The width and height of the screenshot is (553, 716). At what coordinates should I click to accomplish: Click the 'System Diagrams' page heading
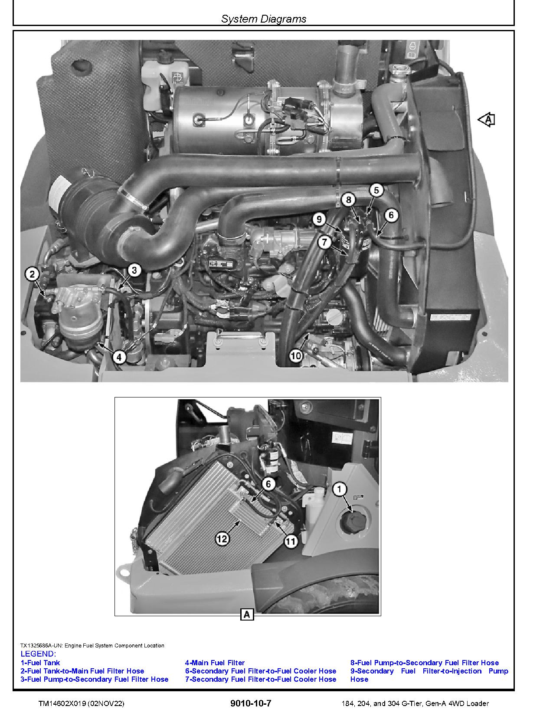pyautogui.click(x=264, y=19)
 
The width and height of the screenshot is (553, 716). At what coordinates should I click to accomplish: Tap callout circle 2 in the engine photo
pyautogui.click(x=32, y=274)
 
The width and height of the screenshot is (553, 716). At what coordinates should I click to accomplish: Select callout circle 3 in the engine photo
pyautogui.click(x=134, y=270)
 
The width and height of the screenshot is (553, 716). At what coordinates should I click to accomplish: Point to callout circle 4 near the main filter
pyautogui.click(x=119, y=357)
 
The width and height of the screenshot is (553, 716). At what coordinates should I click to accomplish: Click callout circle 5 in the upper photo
pyautogui.click(x=376, y=190)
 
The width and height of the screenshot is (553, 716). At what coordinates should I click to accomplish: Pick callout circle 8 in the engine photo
pyautogui.click(x=348, y=199)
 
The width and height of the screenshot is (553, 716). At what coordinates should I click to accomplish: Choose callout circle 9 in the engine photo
pyautogui.click(x=319, y=219)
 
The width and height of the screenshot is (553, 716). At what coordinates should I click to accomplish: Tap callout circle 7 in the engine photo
pyautogui.click(x=324, y=242)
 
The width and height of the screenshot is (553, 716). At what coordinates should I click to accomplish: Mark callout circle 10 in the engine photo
pyautogui.click(x=295, y=356)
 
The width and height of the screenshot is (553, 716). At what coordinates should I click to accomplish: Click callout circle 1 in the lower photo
pyautogui.click(x=340, y=489)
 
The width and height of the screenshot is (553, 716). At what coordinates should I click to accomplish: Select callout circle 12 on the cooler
pyautogui.click(x=222, y=539)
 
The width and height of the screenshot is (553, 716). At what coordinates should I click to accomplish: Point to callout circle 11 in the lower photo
pyautogui.click(x=291, y=541)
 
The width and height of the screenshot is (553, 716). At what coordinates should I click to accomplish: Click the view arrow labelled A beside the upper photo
pyautogui.click(x=486, y=120)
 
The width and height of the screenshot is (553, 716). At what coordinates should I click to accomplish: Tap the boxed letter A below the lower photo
pyautogui.click(x=247, y=614)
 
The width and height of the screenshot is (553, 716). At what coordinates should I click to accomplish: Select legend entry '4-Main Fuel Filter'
pyautogui.click(x=215, y=663)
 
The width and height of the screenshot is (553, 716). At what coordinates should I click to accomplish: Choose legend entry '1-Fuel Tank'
pyautogui.click(x=40, y=663)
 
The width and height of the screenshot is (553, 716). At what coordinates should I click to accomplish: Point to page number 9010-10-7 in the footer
pyautogui.click(x=251, y=703)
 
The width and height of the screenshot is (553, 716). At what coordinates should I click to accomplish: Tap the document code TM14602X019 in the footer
pyautogui.click(x=62, y=704)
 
